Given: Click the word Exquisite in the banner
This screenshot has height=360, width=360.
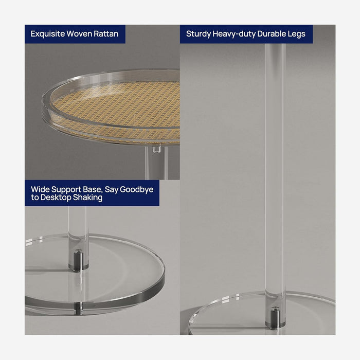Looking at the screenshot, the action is pos(48,34).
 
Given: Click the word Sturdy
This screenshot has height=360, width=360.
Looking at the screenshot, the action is pos(199,34).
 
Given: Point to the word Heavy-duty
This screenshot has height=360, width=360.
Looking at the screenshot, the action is pos(234,34).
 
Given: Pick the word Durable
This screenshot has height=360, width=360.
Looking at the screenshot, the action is pos(270,34).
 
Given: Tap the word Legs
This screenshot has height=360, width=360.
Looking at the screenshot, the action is pos(295,34).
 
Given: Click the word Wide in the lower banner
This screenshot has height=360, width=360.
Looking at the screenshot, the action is pos(40,189).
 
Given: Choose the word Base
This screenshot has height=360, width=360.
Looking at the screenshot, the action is pos(93,190).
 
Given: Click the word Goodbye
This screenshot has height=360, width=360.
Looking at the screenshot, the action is pos(137,190).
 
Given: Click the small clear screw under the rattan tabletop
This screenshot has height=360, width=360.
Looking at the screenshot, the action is pos(156,149).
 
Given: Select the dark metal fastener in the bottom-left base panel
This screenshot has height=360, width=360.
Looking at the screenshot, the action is pos(78,260).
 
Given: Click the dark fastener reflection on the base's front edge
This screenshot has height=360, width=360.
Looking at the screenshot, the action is pos(79,308).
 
